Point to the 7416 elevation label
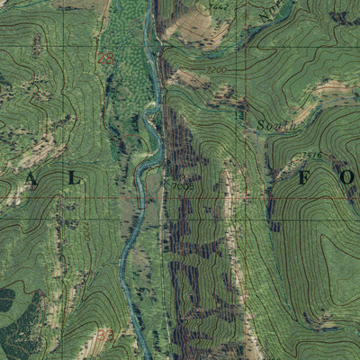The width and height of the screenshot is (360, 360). point(311,155)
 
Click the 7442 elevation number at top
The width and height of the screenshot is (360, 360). point(216,6)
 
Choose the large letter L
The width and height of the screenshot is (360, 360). point(75,179)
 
